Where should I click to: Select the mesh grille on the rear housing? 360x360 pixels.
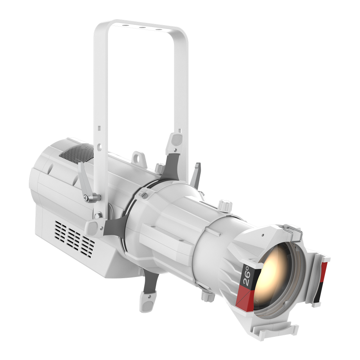point(77,153)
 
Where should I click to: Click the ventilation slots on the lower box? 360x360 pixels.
point(74,237)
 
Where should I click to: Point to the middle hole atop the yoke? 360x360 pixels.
point(142,27)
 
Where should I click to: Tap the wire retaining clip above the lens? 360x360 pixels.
point(293,232)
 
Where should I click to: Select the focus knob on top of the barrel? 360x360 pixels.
point(225,205)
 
